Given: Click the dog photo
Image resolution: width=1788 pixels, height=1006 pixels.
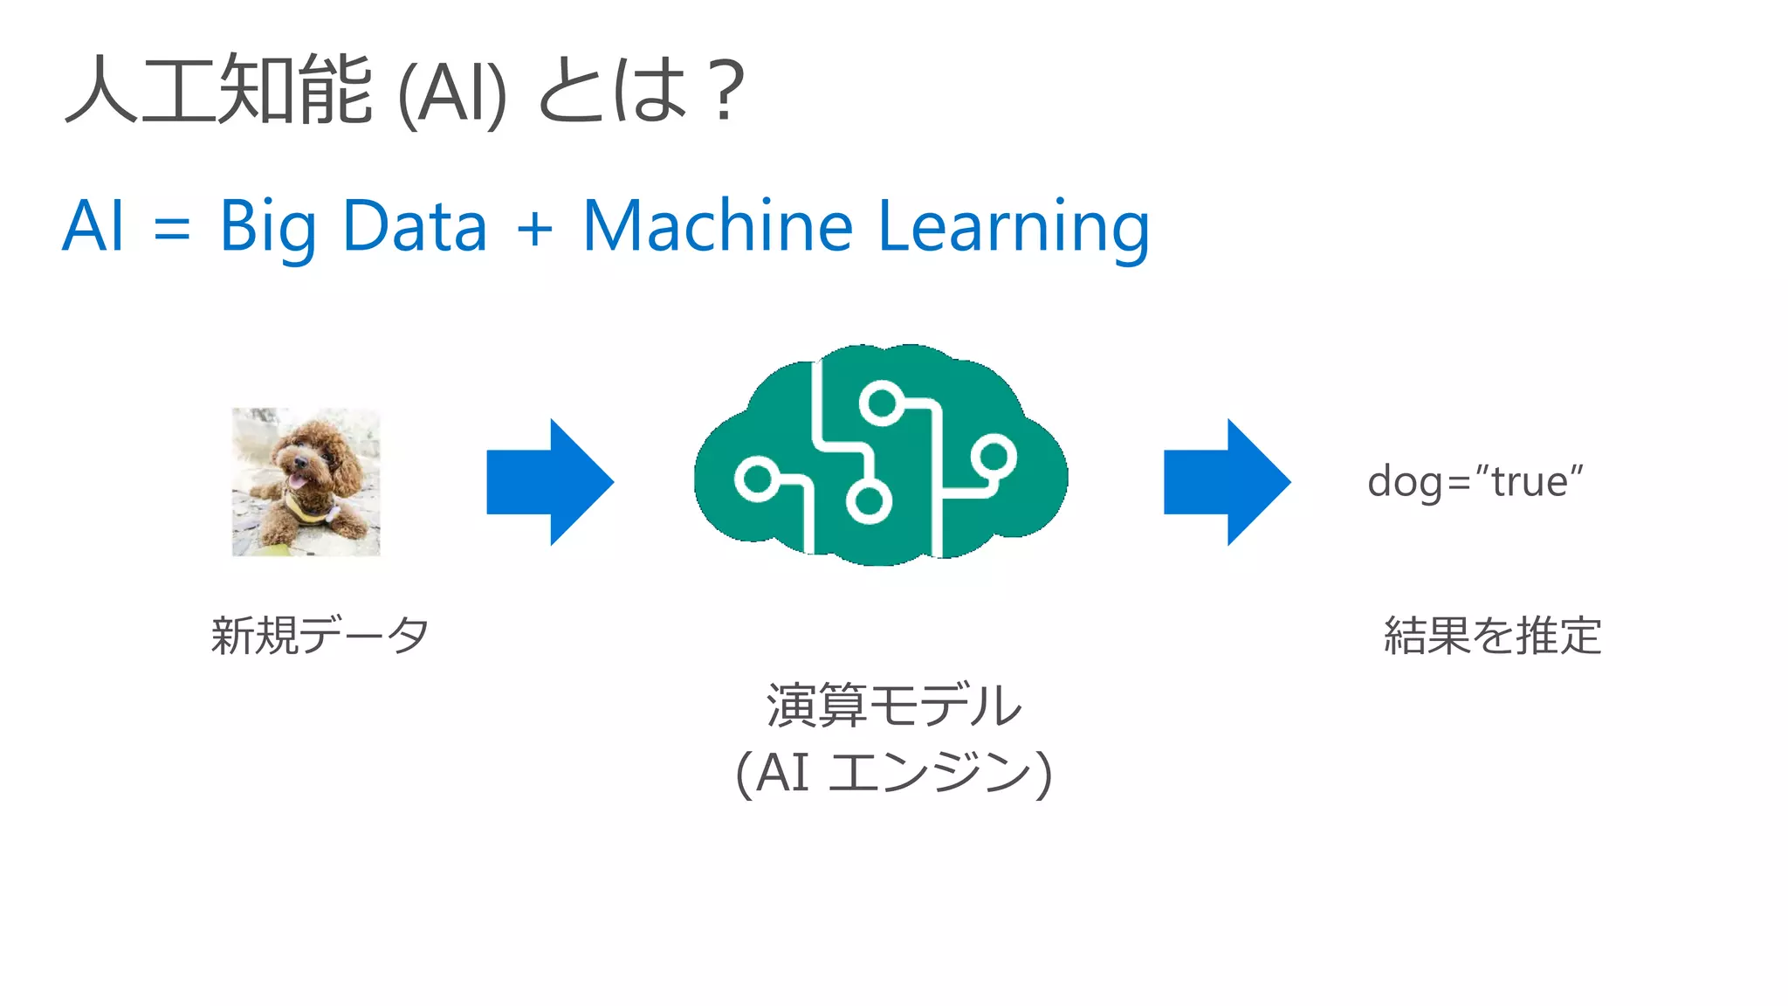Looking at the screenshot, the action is [x=306, y=482].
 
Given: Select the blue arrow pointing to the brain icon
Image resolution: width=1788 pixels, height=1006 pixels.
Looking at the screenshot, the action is [x=550, y=482].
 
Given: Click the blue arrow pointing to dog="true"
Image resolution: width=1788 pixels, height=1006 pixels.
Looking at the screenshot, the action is [x=1227, y=482].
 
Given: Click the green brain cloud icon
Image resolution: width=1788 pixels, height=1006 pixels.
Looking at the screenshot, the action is [x=880, y=454].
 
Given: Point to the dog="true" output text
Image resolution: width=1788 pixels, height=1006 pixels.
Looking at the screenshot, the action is [x=1475, y=482].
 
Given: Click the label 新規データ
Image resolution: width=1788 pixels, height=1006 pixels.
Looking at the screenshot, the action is [x=320, y=635].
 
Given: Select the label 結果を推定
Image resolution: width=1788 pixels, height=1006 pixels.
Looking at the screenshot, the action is [x=1492, y=635].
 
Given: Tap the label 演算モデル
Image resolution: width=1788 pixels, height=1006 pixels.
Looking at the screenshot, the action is [x=893, y=706].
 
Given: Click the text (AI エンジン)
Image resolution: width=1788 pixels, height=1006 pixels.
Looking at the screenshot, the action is [x=893, y=774].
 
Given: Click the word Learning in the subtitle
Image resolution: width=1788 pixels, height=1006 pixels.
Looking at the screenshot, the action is [x=1014, y=227].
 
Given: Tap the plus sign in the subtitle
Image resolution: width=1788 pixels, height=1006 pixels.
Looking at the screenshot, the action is [x=534, y=229].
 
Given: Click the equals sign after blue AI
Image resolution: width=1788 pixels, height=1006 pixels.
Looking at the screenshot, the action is [x=171, y=229].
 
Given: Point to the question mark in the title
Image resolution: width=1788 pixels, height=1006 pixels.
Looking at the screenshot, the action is [x=726, y=90].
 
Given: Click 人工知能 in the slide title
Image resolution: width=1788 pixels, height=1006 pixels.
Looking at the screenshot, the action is [x=218, y=89].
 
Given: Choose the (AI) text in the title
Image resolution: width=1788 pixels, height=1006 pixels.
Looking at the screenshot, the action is [x=451, y=94].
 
